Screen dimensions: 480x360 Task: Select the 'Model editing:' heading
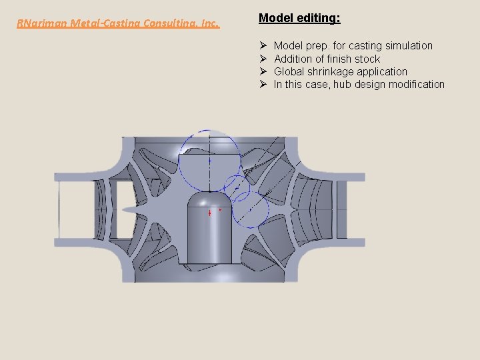click(299, 18)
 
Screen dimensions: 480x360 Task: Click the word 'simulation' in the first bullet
click(408, 46)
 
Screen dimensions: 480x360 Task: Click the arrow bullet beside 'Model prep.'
click(263, 46)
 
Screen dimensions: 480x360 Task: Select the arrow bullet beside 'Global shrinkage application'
click(263, 71)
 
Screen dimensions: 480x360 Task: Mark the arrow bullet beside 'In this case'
click(263, 84)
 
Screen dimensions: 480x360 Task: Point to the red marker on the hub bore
click(210, 213)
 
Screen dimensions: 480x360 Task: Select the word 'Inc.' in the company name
click(209, 23)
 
